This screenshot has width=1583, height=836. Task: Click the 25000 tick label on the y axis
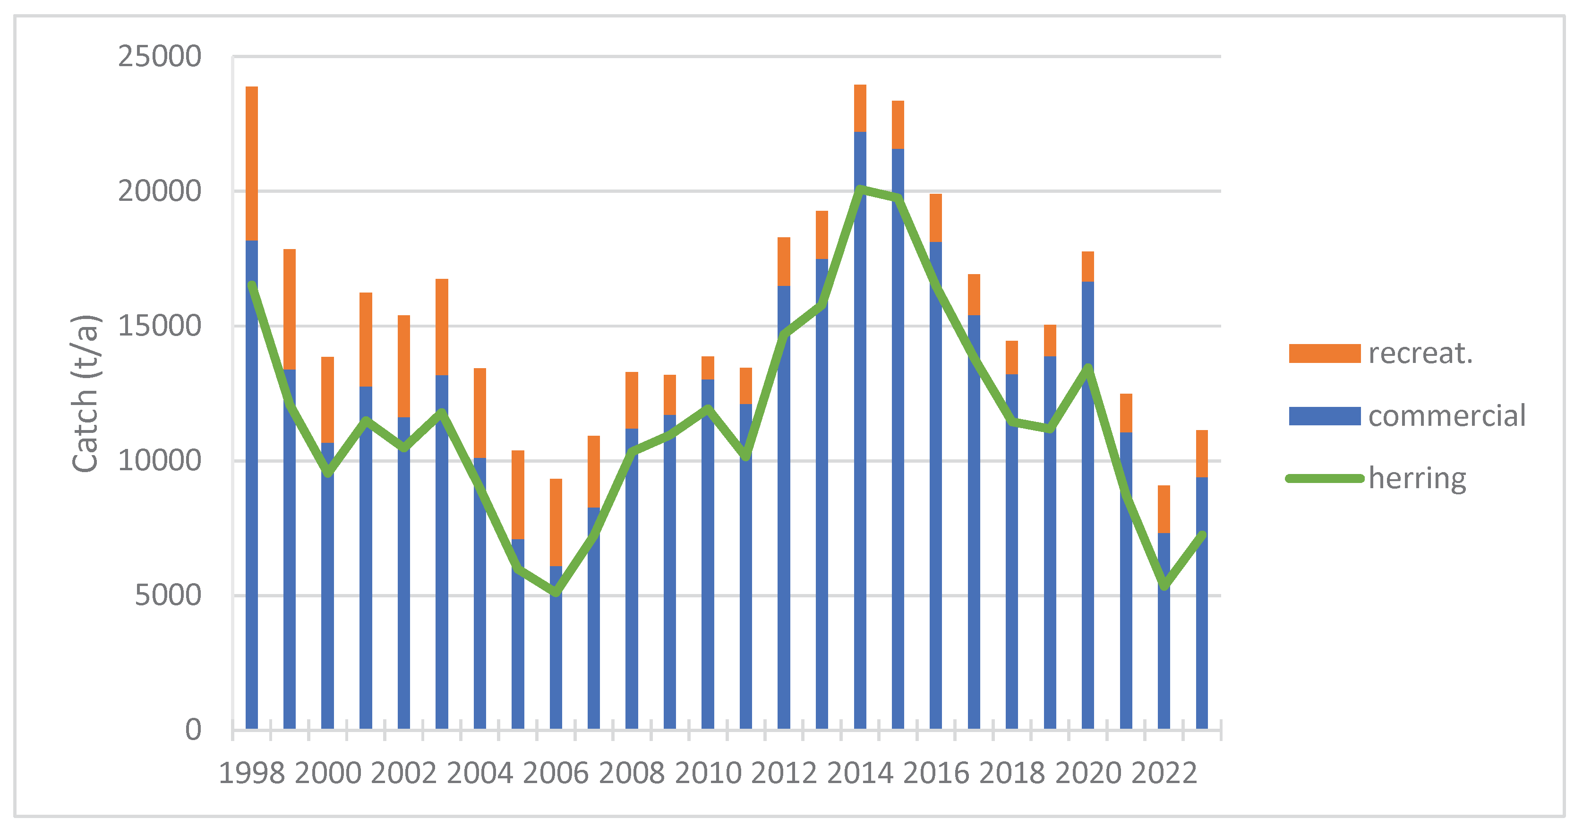(x=159, y=57)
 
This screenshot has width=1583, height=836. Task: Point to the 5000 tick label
(x=167, y=595)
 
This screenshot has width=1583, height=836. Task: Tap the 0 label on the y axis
(x=193, y=730)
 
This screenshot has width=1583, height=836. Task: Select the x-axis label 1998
(x=251, y=773)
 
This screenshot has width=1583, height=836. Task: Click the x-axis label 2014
(x=860, y=773)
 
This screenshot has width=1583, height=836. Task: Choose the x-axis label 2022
(x=1164, y=773)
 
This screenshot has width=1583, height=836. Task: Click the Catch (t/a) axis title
(x=85, y=393)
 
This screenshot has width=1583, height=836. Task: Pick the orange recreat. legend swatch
(x=1324, y=353)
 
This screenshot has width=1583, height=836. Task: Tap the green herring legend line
(x=1324, y=478)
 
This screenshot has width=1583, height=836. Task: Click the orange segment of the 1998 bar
(x=251, y=163)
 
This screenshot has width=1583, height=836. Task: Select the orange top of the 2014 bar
(x=860, y=108)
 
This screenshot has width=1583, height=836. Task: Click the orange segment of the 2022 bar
(x=1164, y=509)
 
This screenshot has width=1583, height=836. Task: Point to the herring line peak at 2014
(x=860, y=189)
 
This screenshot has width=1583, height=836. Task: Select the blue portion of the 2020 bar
(x=1088, y=553)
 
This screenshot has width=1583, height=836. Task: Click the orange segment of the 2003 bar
(x=442, y=327)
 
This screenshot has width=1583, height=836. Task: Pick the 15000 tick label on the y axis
(x=159, y=326)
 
